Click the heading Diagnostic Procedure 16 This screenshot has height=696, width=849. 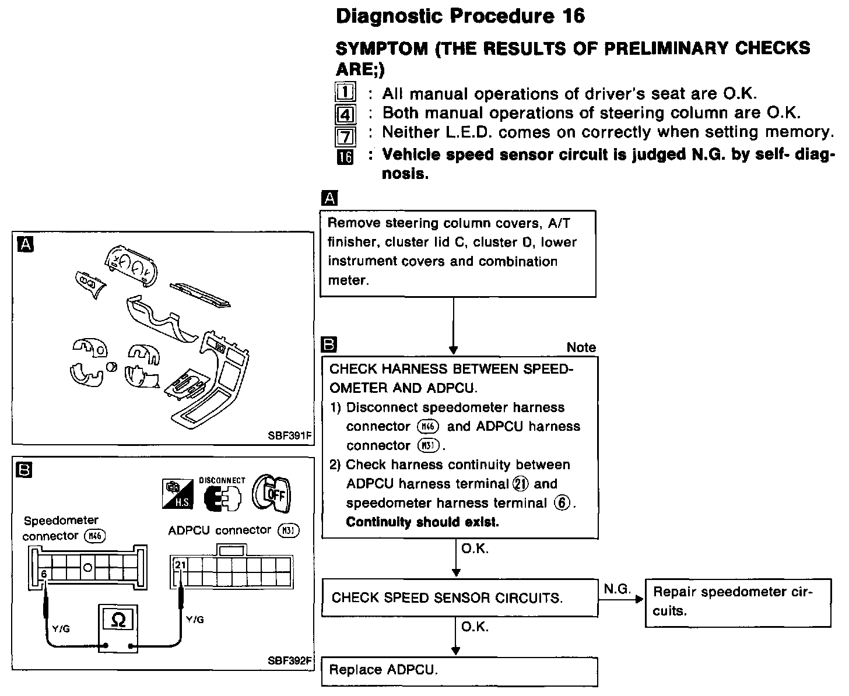(x=460, y=16)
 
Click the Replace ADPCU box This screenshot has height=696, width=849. (x=459, y=670)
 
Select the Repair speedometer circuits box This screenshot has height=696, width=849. (x=738, y=602)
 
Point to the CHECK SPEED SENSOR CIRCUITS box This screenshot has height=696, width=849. (x=459, y=598)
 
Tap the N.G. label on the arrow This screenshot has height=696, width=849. (x=617, y=589)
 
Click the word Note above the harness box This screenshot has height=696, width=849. (x=581, y=347)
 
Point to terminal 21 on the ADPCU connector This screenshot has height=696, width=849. (x=180, y=565)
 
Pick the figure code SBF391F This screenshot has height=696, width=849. (x=290, y=435)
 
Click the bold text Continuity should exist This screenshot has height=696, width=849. (x=422, y=522)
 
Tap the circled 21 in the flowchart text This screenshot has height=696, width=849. (x=520, y=484)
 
